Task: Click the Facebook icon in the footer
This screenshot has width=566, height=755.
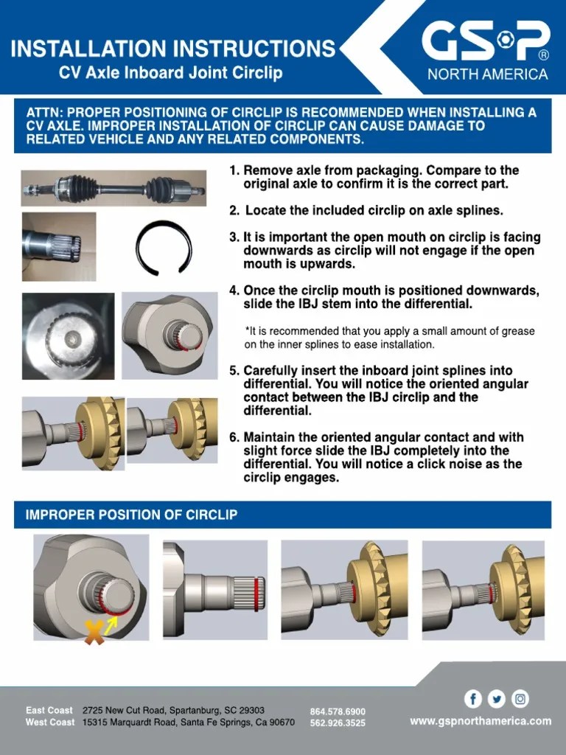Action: (472, 698)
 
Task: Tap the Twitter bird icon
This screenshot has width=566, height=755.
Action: (497, 698)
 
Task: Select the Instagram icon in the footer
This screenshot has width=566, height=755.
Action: (521, 698)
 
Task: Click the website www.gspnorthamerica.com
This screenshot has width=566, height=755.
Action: (481, 720)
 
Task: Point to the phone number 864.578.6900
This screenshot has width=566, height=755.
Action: (338, 711)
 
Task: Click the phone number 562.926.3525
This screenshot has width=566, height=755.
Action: (338, 723)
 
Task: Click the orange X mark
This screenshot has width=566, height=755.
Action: (94, 631)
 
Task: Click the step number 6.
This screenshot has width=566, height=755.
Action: (234, 437)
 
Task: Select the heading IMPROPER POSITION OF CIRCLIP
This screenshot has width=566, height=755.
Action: (132, 515)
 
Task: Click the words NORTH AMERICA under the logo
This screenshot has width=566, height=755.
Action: (488, 74)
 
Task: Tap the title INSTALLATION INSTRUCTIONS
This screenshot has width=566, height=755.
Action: (173, 49)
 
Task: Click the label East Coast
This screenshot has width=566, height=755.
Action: (49, 711)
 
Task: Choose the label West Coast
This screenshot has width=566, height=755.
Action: (50, 723)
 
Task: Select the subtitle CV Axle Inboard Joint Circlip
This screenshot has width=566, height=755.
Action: (171, 73)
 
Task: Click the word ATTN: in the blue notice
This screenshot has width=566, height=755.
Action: (45, 113)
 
